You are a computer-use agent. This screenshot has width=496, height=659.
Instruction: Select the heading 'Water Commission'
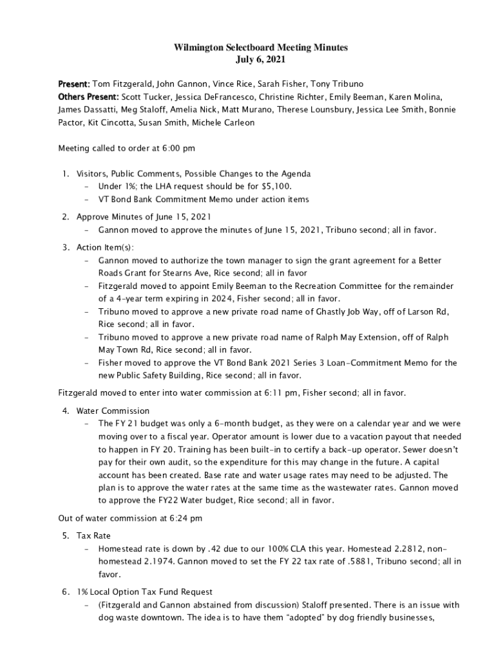[113, 411]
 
